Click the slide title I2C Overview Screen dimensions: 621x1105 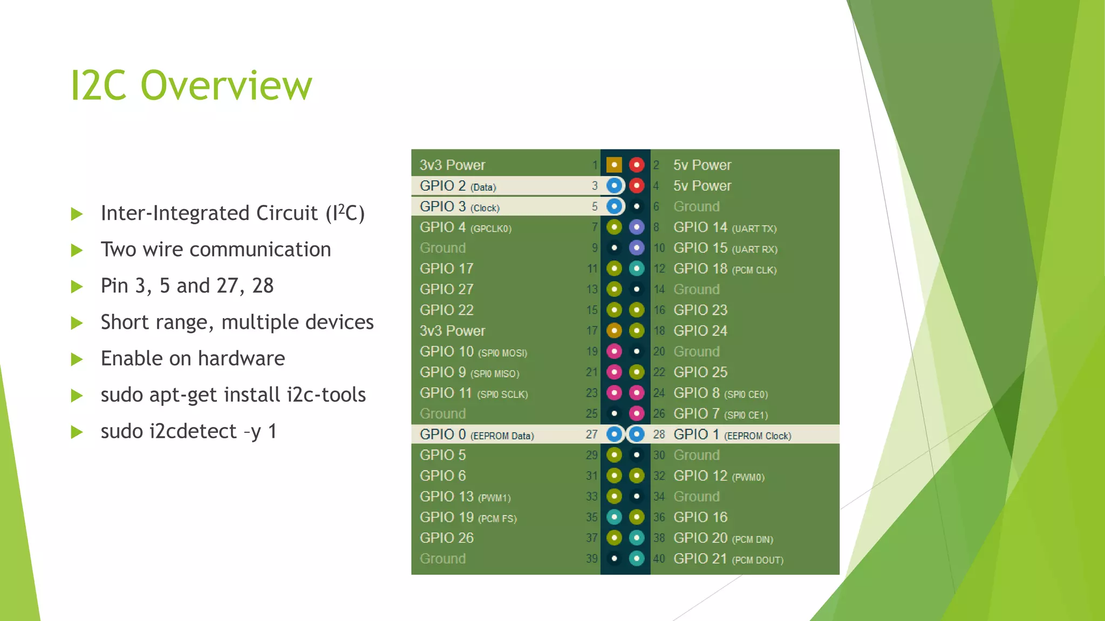(x=191, y=85)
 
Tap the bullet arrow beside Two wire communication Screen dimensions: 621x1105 (x=77, y=250)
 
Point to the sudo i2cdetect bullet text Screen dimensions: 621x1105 (x=189, y=431)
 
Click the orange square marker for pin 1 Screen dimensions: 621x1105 (x=614, y=165)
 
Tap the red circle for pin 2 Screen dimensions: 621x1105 (x=637, y=165)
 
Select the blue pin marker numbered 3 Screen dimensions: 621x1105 (x=614, y=186)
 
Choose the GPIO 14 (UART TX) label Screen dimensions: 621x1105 (x=725, y=227)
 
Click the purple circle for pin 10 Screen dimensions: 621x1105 (x=637, y=248)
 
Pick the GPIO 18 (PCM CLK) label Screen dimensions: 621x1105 (x=725, y=269)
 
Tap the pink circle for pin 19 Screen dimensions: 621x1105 (x=614, y=351)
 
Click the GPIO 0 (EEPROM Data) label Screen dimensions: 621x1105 (x=477, y=434)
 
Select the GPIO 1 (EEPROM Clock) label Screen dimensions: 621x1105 (x=732, y=434)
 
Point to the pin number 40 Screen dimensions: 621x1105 (x=659, y=559)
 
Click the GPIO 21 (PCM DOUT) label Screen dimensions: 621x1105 (x=728, y=559)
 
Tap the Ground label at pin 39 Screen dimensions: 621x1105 (x=443, y=559)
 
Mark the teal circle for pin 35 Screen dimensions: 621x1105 (x=614, y=517)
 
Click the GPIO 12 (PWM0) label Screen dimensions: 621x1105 (x=719, y=476)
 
